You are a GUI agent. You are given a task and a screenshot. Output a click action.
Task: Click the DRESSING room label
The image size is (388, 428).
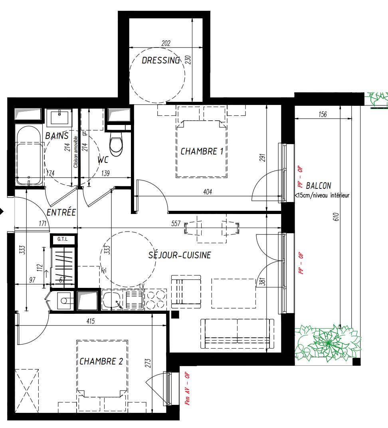pos(161,60)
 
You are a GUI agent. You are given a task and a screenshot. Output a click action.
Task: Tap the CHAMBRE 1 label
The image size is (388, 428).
pos(202,151)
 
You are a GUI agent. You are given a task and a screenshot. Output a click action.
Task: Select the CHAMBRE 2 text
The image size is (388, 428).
pos(101,361)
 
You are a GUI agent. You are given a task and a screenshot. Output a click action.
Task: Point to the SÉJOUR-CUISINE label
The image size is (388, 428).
pos(180,255)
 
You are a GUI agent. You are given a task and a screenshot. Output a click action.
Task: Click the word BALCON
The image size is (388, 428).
pos(319,186)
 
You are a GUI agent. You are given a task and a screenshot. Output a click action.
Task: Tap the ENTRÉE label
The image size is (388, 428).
pos(61,212)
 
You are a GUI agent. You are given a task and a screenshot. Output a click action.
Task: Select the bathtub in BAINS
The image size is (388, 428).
pos(29,156)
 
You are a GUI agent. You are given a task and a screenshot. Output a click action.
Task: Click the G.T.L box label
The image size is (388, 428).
pos(63,239)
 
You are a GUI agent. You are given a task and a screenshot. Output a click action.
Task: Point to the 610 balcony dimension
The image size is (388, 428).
pos(336,217)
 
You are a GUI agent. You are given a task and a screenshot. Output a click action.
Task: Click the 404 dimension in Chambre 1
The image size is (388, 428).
pos(207,192)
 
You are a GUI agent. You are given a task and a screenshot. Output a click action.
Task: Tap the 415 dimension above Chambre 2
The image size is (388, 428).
pos(90,321)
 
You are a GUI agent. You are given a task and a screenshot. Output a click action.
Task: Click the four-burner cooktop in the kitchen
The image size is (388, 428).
pos(156,299)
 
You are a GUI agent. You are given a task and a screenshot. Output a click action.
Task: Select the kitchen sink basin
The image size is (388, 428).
pos(112,300)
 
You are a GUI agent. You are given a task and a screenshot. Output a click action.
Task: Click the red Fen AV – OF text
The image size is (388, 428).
pos(188,389)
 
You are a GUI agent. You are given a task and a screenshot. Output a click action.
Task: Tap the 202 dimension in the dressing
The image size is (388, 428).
pos(166,43)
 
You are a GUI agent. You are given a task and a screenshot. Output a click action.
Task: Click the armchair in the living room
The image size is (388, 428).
pos(186,292)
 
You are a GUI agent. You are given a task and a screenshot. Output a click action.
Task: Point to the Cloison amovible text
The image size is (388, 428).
pos(76,152)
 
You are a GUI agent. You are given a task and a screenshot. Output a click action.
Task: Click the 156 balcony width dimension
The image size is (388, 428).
pos(323,114)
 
